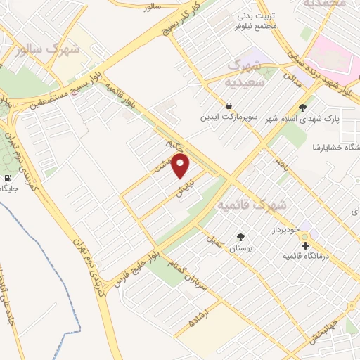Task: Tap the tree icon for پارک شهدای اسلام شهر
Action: click(x=302, y=108)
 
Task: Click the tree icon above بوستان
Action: click(x=240, y=238)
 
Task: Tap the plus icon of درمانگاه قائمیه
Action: click(x=305, y=245)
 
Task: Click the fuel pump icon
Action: click(x=8, y=178)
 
